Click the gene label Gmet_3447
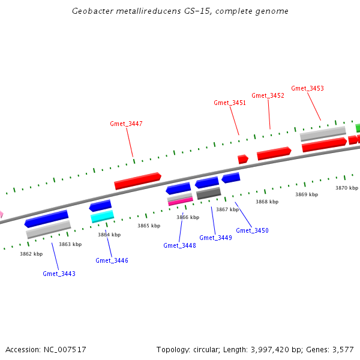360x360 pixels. [126, 124]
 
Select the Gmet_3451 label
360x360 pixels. [230, 103]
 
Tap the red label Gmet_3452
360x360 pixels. [268, 95]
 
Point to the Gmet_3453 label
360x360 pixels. [307, 88]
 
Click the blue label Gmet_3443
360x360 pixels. [59, 274]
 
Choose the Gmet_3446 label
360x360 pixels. [112, 260]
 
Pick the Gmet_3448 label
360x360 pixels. [179, 245]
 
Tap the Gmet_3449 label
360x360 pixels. [215, 238]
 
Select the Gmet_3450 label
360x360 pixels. [252, 230]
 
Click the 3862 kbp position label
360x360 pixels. [31, 254]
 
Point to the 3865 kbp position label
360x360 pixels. [149, 226]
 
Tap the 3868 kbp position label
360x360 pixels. [267, 202]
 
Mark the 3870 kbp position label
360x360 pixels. [346, 188]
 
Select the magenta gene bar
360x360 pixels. [180, 201]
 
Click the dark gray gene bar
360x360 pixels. [209, 193]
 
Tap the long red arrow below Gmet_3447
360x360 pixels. [137, 181]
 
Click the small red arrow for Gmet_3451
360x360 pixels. [242, 159]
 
